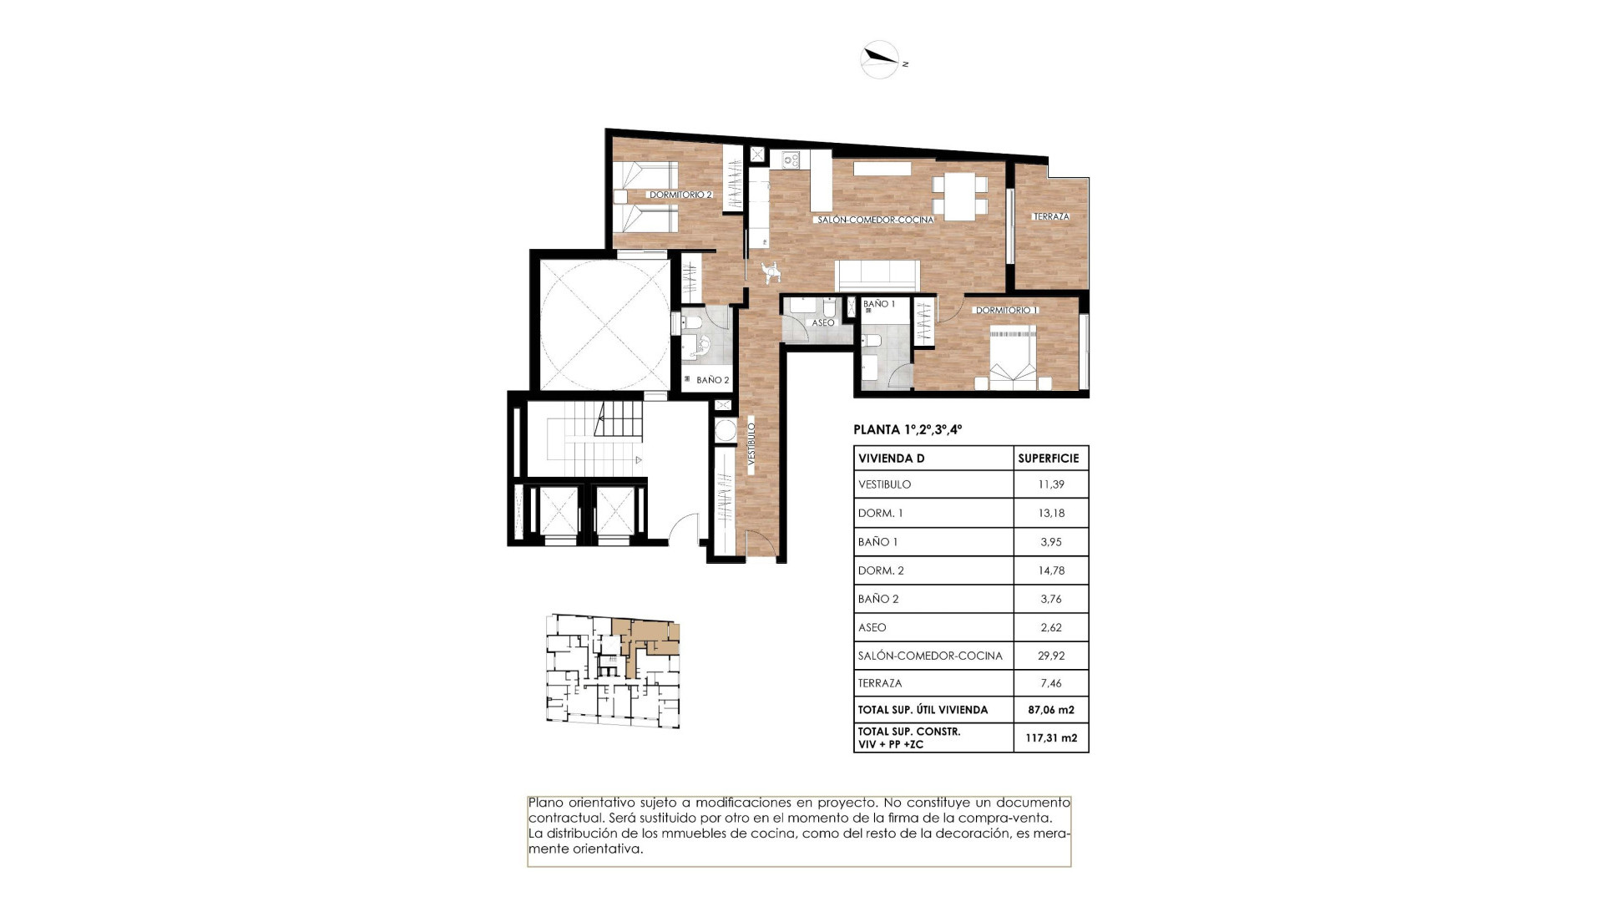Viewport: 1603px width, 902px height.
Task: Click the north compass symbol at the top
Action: (880, 59)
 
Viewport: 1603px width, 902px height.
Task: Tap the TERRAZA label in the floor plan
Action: (1051, 216)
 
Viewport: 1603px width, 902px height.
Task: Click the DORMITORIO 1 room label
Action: (1006, 310)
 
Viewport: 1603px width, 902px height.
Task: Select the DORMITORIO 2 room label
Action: (680, 195)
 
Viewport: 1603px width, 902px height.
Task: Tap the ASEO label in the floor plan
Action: (822, 322)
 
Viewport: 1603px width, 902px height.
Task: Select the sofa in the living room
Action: (877, 275)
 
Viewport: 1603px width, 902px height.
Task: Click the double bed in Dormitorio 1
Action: (1013, 359)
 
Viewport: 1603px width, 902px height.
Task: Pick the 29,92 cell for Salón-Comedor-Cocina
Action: (1051, 656)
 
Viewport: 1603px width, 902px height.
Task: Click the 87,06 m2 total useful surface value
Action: (1051, 710)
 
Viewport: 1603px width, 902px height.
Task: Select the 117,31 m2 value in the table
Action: (1051, 737)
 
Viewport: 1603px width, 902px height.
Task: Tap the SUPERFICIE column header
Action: (1049, 459)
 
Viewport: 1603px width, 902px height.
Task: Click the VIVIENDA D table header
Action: (891, 459)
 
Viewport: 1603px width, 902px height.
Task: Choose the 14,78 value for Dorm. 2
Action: (1051, 570)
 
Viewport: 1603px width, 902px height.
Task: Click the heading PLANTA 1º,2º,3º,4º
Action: (908, 430)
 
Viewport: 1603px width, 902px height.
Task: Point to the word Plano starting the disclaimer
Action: (544, 802)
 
